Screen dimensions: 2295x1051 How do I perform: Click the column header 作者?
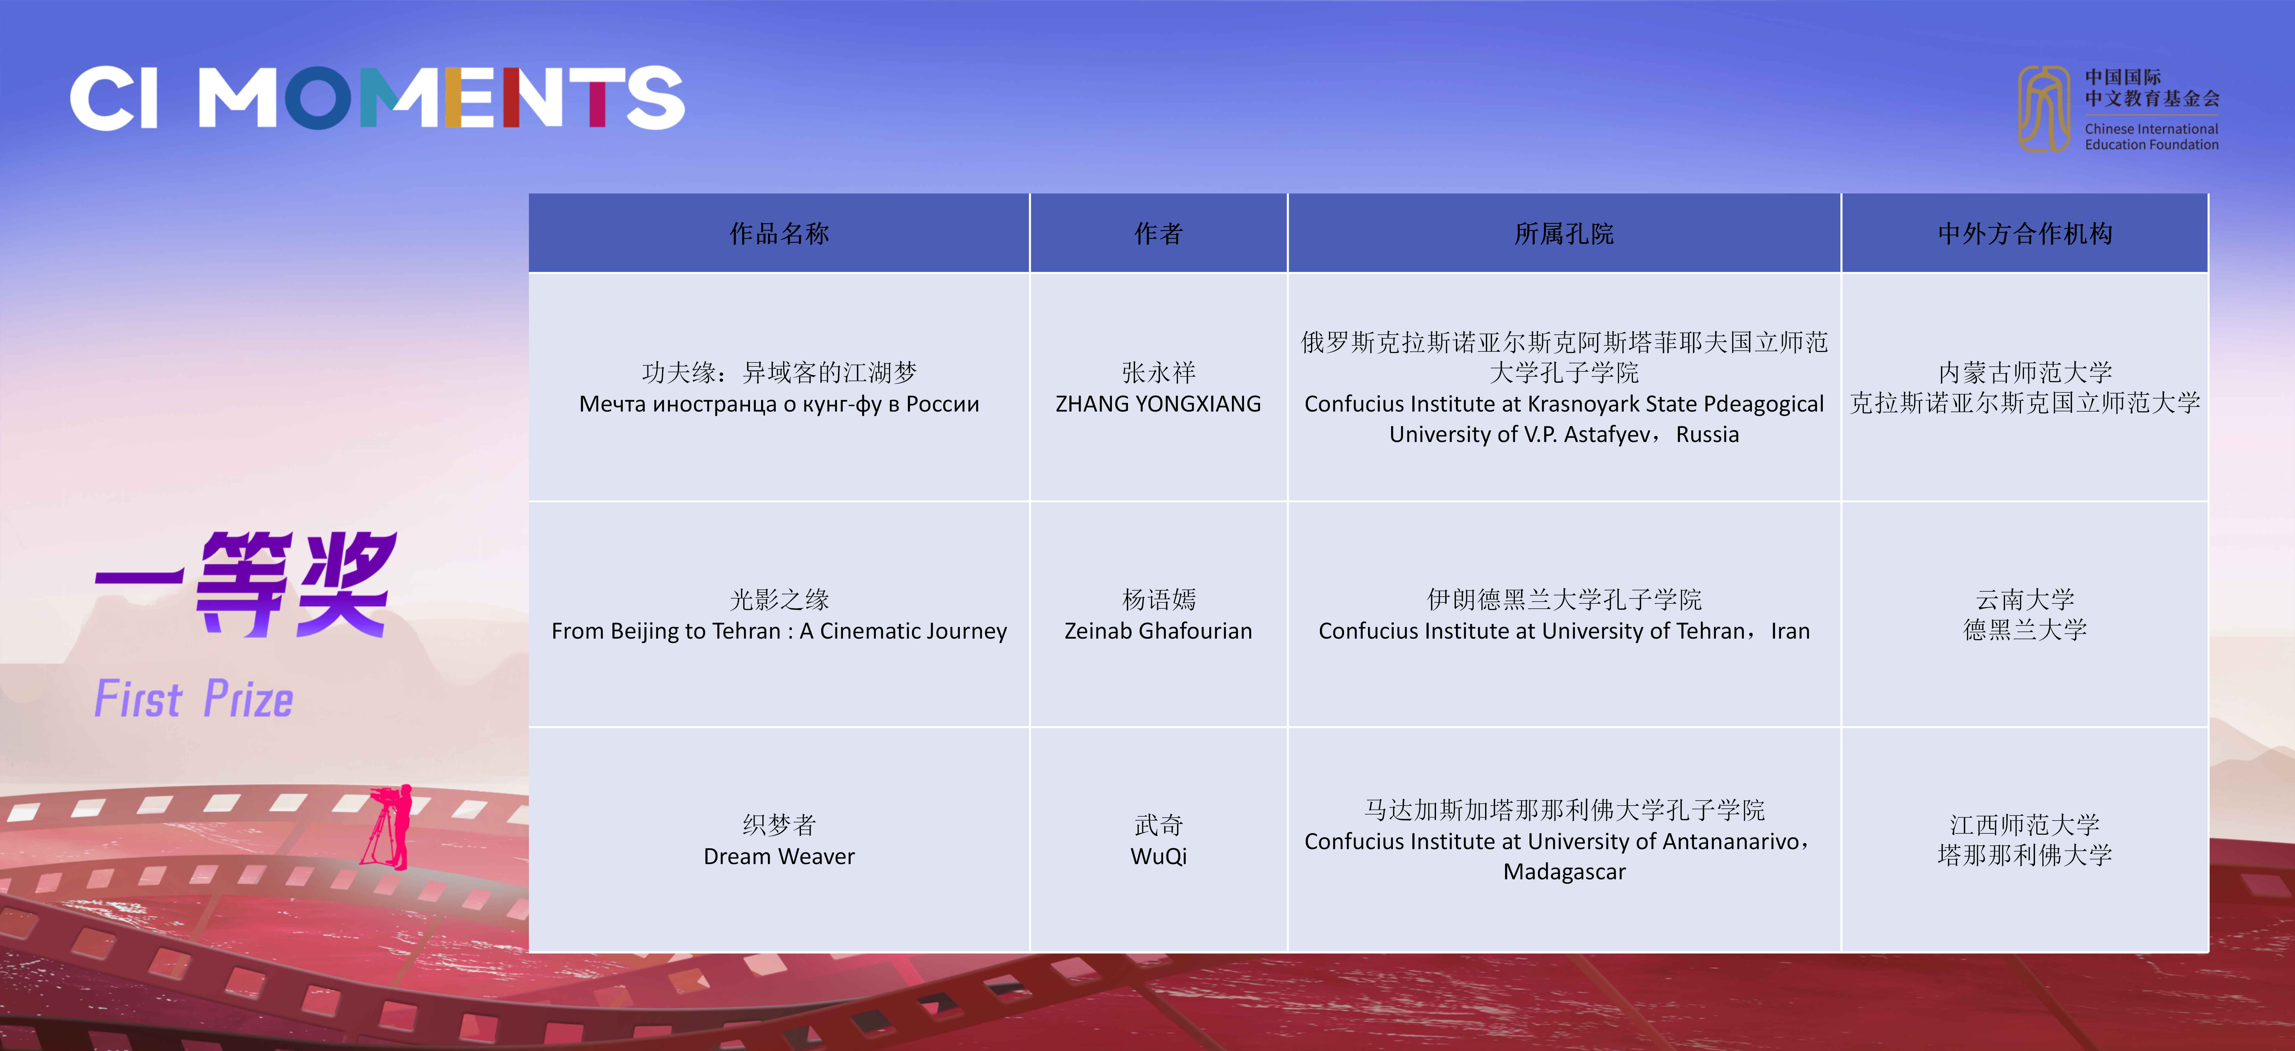click(1158, 233)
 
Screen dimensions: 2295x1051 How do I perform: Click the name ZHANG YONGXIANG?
click(1158, 403)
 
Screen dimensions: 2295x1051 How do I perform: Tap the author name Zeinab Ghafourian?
click(1158, 630)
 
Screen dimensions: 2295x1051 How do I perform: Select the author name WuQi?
click(1158, 856)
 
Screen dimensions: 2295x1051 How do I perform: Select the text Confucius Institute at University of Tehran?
click(1531, 630)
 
